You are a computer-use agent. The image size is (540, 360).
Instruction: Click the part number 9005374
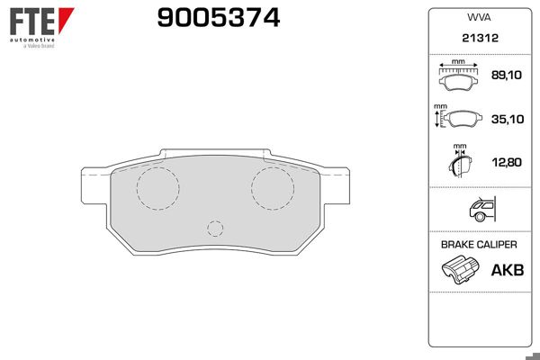(x=219, y=18)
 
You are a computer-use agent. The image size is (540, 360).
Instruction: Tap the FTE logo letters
(x=32, y=22)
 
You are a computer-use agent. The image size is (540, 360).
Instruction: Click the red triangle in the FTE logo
(x=66, y=20)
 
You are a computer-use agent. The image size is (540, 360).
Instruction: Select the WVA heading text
(x=479, y=18)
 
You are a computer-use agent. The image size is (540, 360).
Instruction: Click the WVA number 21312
(x=480, y=38)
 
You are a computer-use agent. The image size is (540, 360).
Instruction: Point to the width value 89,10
(x=506, y=75)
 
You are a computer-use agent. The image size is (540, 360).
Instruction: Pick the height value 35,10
(x=508, y=119)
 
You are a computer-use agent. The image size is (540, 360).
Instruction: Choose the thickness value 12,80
(x=507, y=162)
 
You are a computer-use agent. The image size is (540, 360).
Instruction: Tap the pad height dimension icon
(x=458, y=118)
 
